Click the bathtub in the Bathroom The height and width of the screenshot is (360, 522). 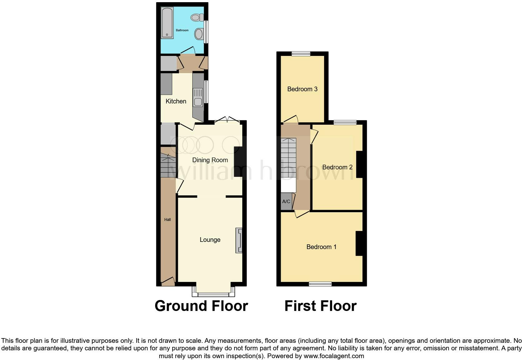coord(167,23)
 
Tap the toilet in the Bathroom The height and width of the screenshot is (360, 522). coord(197,17)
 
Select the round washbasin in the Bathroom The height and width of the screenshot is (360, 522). coord(199,34)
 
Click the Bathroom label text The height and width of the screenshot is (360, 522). coord(182,30)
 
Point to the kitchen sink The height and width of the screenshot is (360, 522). coord(198,97)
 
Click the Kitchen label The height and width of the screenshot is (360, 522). coord(176,101)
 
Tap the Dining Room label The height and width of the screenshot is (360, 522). coord(210,160)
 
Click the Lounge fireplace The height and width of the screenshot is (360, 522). coord(239,240)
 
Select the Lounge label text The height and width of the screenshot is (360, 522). coord(210,240)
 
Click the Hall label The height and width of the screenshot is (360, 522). coord(167,220)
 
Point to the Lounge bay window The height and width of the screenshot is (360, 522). coord(213,294)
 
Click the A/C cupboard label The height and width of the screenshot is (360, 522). coord(286,202)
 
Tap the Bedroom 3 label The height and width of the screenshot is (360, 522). coord(302,89)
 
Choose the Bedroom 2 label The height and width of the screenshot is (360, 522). coord(337,167)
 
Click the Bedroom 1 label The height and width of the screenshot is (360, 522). coord(321,247)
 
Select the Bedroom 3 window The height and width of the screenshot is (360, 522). coord(301,54)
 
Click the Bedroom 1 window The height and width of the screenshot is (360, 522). coord(320,284)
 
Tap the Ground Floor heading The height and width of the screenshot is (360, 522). coord(201,306)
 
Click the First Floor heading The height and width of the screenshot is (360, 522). coord(320,306)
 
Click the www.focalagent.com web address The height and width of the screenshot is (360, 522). coord(334,356)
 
